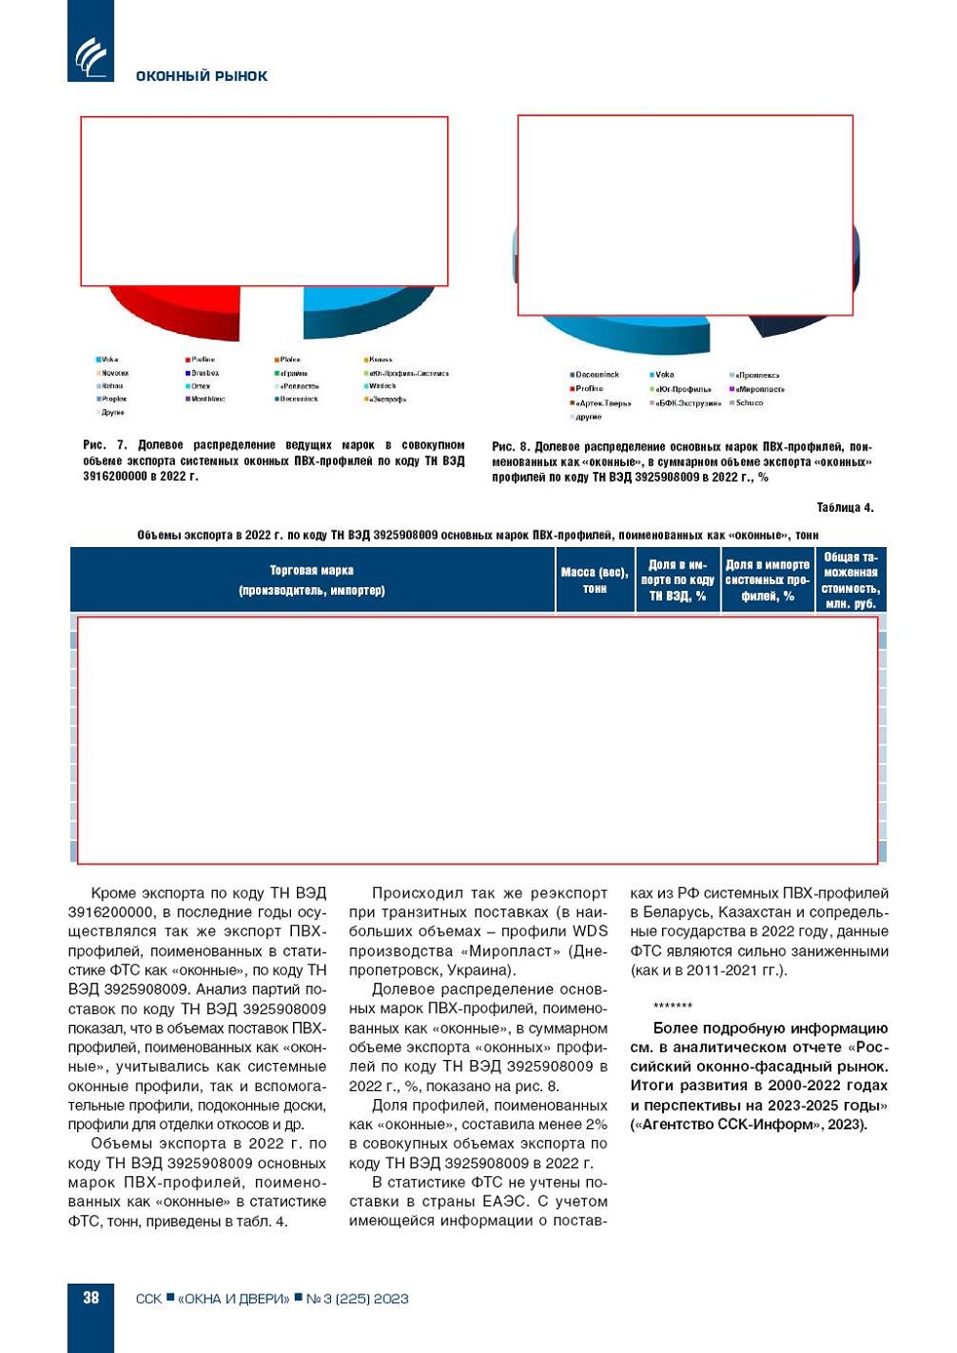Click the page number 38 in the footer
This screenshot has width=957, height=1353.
click(x=91, y=1297)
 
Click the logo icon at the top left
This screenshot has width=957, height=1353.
click(x=91, y=56)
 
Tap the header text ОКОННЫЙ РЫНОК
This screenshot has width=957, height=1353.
click(x=201, y=76)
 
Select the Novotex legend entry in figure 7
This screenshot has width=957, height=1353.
click(x=113, y=373)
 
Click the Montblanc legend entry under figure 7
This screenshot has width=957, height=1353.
click(x=205, y=399)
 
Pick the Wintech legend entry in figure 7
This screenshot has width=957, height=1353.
click(x=380, y=386)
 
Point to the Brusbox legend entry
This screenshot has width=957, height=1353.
click(x=202, y=373)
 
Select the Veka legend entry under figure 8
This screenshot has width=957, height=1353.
click(x=662, y=374)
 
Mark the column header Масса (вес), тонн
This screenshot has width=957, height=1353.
click(x=595, y=580)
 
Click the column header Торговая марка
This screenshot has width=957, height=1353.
click(x=312, y=580)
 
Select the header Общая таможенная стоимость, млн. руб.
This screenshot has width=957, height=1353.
click(x=851, y=580)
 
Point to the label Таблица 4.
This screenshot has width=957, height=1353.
click(x=845, y=508)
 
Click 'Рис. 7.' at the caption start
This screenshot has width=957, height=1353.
click(x=104, y=445)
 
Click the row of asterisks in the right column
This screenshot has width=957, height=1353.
click(x=673, y=1005)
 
